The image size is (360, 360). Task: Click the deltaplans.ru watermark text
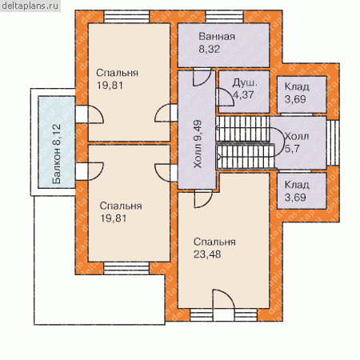tap(30, 6)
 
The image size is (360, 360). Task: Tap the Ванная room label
tap(217, 37)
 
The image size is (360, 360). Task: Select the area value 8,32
tap(210, 49)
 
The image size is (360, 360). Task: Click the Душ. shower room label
tap(245, 82)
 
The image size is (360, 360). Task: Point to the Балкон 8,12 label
tap(57, 154)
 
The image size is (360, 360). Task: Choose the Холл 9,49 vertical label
tap(198, 144)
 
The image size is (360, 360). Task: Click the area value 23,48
tap(207, 254)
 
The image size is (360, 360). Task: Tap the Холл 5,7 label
tap(297, 142)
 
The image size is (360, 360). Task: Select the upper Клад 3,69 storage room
tap(302, 94)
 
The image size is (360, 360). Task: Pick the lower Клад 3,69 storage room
tap(302, 190)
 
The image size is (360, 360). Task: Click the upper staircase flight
tap(242, 129)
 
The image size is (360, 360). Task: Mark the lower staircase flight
tap(246, 156)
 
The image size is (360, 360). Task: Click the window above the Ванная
tap(224, 17)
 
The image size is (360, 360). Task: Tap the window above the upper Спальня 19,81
tap(126, 17)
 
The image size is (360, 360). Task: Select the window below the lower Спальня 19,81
tap(126, 268)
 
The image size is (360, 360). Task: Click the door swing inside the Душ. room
tap(226, 98)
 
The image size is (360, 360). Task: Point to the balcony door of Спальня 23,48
tap(224, 305)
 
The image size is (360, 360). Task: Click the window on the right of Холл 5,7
tap(333, 143)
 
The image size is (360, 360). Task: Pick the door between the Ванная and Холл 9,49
tap(202, 77)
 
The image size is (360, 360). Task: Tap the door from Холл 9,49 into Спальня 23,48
tap(203, 199)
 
